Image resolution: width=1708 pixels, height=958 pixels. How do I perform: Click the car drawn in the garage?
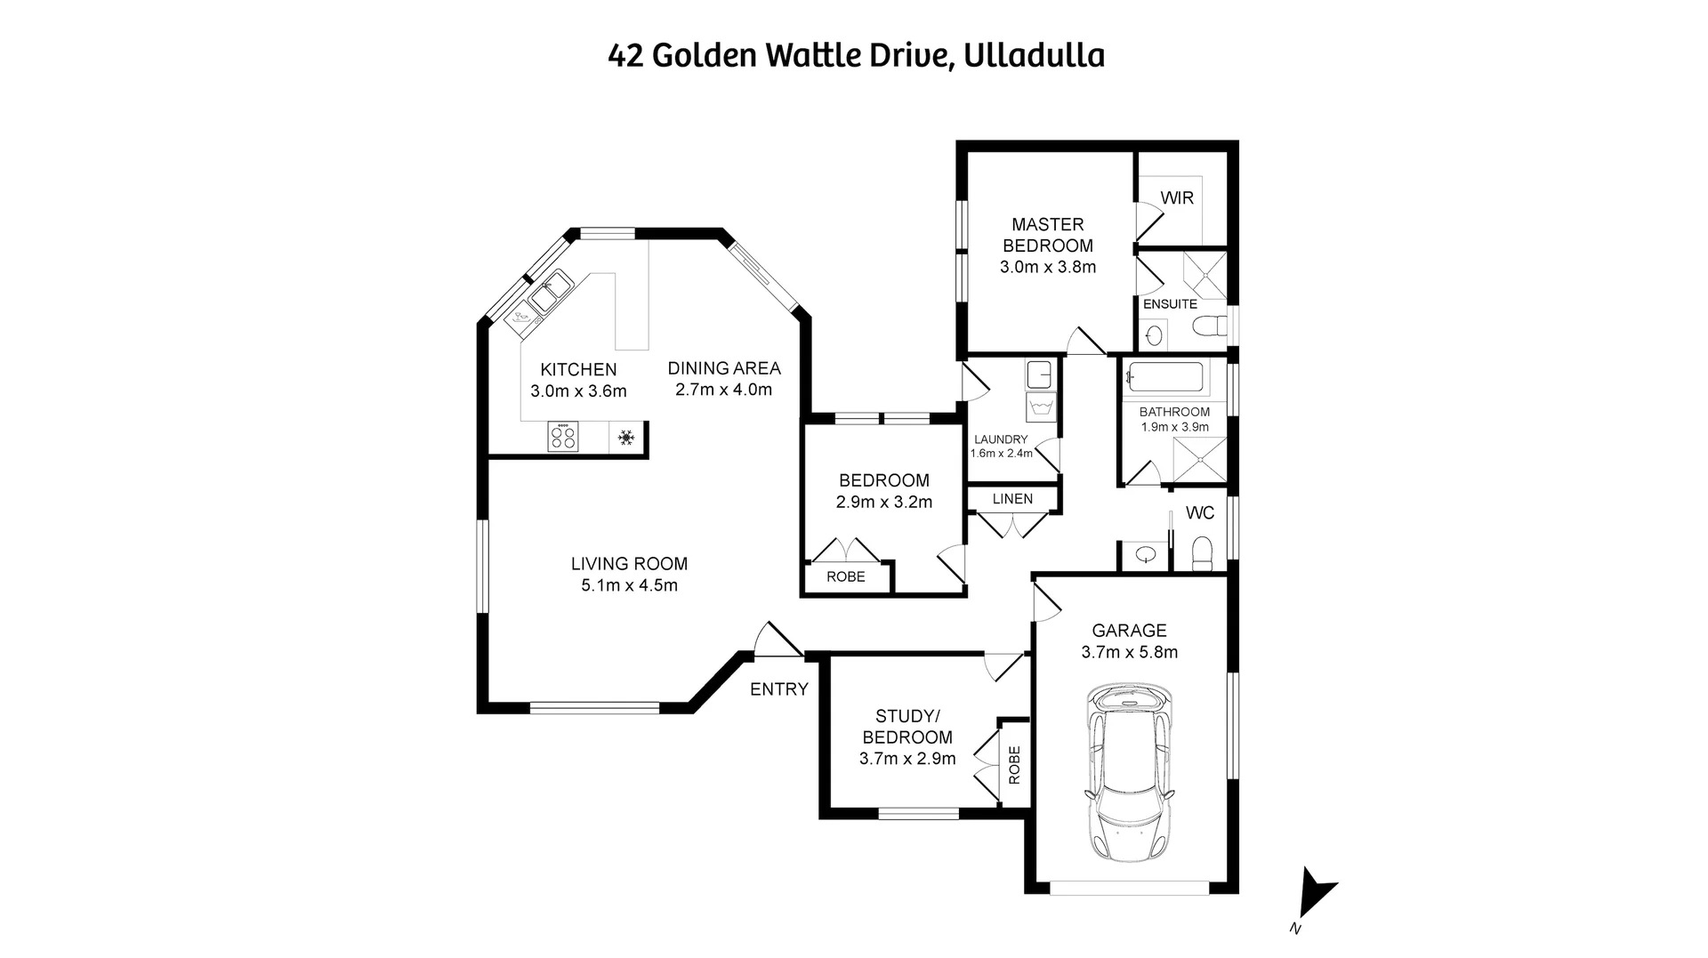(x=1129, y=773)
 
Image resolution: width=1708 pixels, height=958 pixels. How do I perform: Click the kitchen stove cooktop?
(x=563, y=436)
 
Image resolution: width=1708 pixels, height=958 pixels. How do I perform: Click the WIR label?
(x=1177, y=197)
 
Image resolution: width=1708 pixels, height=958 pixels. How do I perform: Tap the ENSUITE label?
(x=1170, y=303)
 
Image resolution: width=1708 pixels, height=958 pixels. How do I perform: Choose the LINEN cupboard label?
(x=1012, y=498)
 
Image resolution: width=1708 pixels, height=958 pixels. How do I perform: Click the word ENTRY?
(x=779, y=688)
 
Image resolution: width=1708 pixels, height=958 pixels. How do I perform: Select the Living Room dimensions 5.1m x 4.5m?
(x=629, y=585)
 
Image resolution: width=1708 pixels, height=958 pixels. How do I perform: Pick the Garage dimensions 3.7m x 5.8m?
(x=1129, y=652)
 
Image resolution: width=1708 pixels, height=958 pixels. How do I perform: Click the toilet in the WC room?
(x=1202, y=552)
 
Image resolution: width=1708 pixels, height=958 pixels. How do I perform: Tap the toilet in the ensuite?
(x=1208, y=326)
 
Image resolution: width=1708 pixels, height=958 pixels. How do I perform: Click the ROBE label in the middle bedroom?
(x=845, y=576)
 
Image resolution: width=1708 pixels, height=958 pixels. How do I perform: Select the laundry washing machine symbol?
(x=1041, y=408)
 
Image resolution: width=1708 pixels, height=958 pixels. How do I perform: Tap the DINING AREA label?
(x=724, y=367)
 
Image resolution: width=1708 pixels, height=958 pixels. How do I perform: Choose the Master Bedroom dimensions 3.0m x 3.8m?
(x=1048, y=267)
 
